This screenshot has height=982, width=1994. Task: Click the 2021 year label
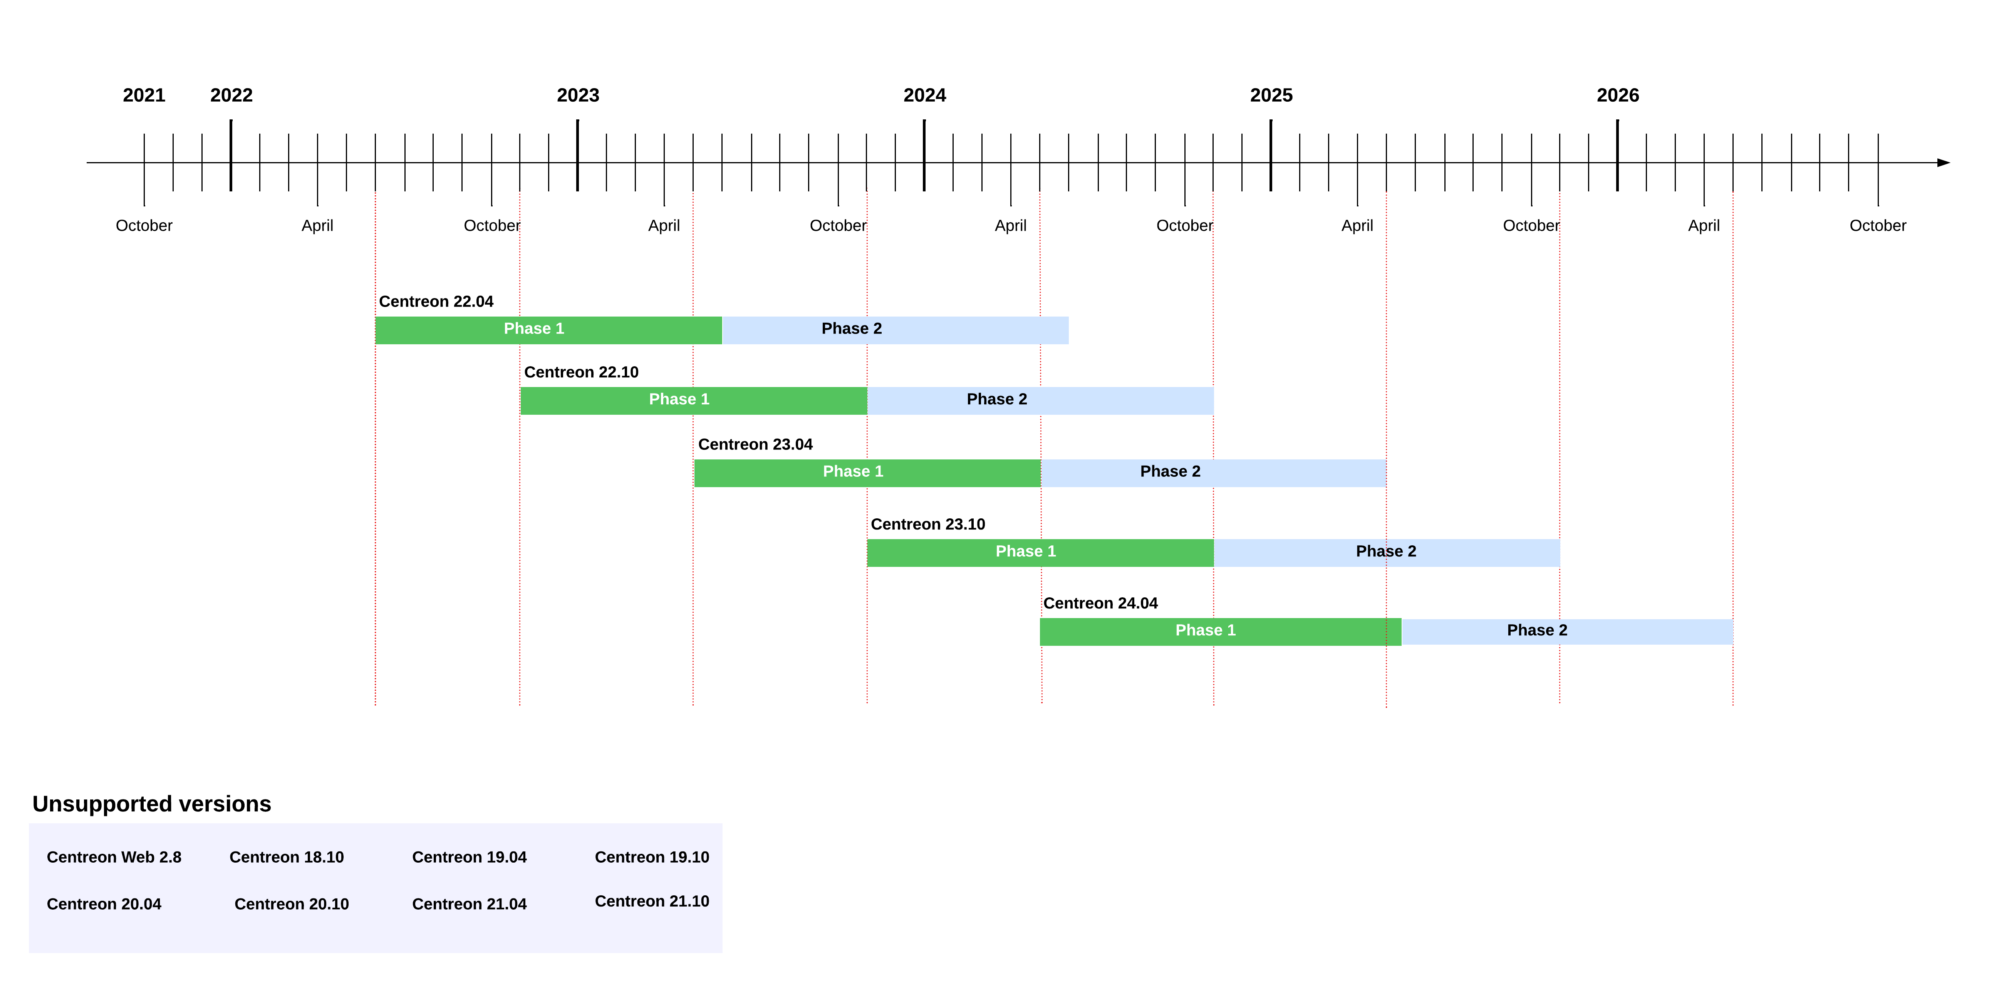(144, 95)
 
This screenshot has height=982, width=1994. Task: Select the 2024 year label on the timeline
(924, 95)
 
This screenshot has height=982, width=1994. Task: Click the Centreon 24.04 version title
(1100, 603)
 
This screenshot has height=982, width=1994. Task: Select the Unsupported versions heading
(152, 803)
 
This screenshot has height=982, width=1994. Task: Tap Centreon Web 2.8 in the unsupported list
(114, 856)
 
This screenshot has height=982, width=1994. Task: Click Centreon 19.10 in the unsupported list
(652, 856)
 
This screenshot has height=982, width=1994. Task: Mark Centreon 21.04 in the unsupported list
(469, 904)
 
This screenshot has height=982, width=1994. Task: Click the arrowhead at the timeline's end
(1943, 163)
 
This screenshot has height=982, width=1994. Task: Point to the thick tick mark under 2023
(577, 155)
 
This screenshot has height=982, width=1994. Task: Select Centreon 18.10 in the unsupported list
(287, 856)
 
